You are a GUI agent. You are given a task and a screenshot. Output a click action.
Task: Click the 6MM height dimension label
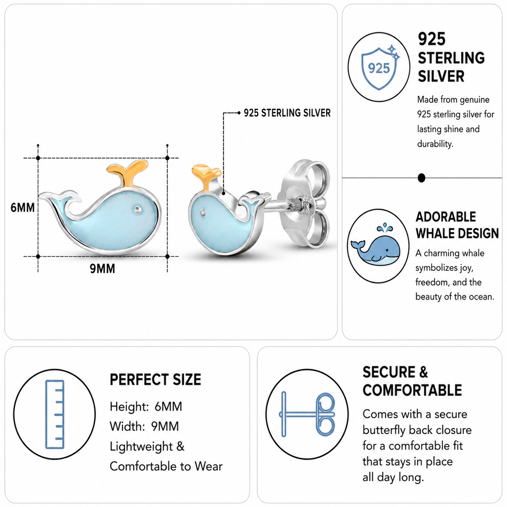[x=23, y=207]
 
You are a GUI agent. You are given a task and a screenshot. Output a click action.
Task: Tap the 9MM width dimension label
[x=102, y=269]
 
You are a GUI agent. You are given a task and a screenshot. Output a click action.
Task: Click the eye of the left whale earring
[x=138, y=209]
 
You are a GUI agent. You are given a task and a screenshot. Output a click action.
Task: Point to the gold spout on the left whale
[x=127, y=173]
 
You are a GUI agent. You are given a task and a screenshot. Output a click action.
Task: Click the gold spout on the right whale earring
[x=206, y=177]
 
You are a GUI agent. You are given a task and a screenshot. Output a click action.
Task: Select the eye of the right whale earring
[x=203, y=213]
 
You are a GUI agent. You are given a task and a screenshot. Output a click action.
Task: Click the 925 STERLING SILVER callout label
[x=287, y=113]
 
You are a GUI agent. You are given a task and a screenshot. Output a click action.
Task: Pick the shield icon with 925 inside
[x=380, y=67]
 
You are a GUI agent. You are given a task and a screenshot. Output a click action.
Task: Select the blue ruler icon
[x=54, y=414]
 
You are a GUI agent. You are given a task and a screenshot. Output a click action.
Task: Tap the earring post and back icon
[x=307, y=414]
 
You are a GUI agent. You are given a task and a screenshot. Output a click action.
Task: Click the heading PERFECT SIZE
[x=155, y=379]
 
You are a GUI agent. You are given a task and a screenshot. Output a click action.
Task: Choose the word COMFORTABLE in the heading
[x=412, y=390]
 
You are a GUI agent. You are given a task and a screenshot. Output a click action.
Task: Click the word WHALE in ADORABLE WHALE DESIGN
[x=434, y=233]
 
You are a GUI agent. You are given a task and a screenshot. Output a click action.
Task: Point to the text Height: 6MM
[x=146, y=407]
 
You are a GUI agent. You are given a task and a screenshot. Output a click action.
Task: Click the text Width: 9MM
[x=144, y=426]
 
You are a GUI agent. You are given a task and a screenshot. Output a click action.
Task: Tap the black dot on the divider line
[x=421, y=178]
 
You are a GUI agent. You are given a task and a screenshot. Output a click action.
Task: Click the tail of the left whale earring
[x=60, y=200]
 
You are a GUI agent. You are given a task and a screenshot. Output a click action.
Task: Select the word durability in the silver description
[x=435, y=144]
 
